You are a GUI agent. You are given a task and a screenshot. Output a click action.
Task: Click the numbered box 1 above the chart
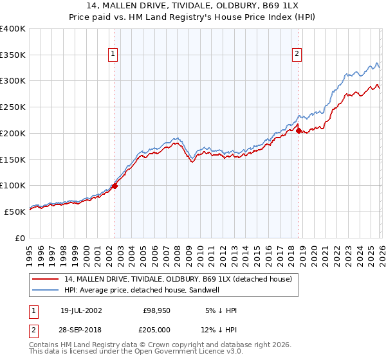113,55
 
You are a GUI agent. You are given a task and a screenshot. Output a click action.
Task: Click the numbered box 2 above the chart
297,55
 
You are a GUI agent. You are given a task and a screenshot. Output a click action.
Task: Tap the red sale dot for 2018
299,130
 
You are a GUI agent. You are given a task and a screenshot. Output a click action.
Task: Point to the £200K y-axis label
12,133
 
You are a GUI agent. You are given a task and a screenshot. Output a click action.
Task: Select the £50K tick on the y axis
15,212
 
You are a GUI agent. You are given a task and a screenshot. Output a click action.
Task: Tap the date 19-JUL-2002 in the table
81,310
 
